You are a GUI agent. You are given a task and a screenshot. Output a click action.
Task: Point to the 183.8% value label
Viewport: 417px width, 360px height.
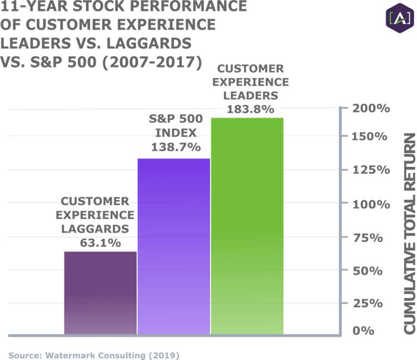click(250, 109)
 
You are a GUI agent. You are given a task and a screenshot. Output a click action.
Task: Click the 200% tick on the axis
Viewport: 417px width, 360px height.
click(371, 108)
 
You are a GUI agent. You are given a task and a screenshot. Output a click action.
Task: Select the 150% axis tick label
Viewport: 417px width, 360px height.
click(371, 136)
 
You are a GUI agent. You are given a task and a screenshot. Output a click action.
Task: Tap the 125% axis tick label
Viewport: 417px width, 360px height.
click(371, 170)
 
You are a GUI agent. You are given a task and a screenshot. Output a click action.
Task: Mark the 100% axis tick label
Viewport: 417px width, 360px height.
click(371, 204)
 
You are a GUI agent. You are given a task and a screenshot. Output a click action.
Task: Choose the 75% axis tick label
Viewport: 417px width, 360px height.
click(374, 238)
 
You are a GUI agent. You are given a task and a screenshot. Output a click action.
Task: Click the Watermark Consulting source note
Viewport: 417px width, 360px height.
click(94, 354)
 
